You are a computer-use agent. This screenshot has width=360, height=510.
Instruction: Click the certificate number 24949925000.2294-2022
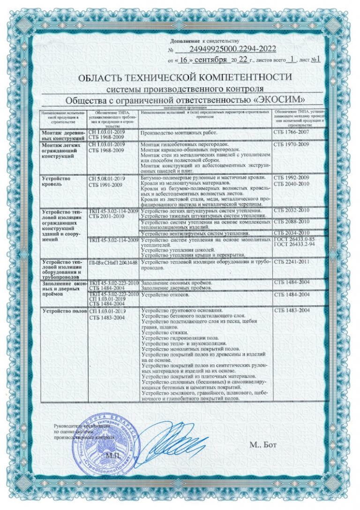pyautogui.click(x=233, y=49)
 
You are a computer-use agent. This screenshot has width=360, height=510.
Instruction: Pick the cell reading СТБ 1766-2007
pyautogui.click(x=291, y=134)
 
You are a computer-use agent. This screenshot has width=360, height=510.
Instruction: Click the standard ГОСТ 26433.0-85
pyautogui.click(x=296, y=240)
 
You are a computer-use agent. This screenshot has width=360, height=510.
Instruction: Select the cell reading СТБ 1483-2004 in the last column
pyautogui.click(x=291, y=311)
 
